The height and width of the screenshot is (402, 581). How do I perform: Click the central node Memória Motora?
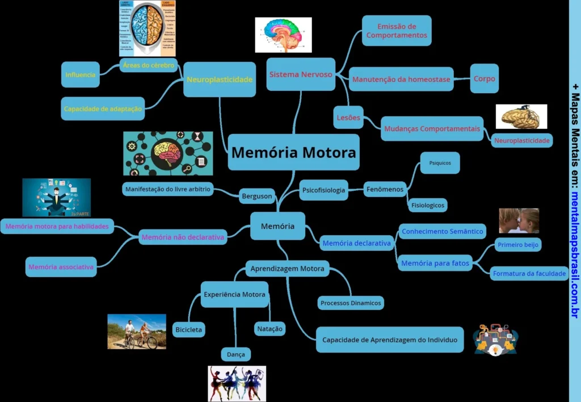pyautogui.click(x=293, y=152)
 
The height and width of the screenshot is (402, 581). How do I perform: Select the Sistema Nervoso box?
pyautogui.click(x=301, y=74)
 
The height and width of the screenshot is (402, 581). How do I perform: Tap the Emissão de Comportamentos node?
pyautogui.click(x=397, y=31)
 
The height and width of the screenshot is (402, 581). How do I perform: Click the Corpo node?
pyautogui.click(x=484, y=79)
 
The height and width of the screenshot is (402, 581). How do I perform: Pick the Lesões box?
pyautogui.click(x=348, y=118)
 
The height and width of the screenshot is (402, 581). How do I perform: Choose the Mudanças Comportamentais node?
pyautogui.click(x=432, y=129)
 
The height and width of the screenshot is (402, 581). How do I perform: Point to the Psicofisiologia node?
pyautogui.click(x=323, y=191)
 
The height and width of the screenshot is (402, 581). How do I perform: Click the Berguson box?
pyautogui.click(x=257, y=196)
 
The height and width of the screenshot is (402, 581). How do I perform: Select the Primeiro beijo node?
pyautogui.click(x=517, y=245)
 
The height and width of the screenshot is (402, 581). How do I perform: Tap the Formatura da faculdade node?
pyautogui.click(x=529, y=274)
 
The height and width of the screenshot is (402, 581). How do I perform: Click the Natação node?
pyautogui.click(x=270, y=329)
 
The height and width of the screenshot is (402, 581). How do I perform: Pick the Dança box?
pyautogui.click(x=235, y=354)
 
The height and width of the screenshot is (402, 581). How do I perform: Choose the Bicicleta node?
pyautogui.click(x=188, y=329)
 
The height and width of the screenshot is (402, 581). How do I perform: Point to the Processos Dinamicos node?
pyautogui.click(x=350, y=303)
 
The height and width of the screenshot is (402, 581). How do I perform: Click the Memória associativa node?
pyautogui.click(x=61, y=267)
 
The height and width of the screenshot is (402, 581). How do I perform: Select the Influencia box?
pyautogui.click(x=81, y=74)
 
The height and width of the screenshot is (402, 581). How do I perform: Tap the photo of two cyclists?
pyautogui.click(x=137, y=332)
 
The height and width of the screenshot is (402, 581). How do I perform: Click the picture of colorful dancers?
pyautogui.click(x=237, y=383)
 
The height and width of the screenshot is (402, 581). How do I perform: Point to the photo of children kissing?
pyautogui.click(x=519, y=221)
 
